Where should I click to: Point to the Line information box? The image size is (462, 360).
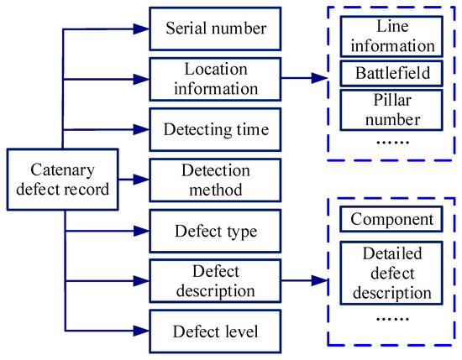pos(391,34)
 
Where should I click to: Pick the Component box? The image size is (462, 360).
pos(391,220)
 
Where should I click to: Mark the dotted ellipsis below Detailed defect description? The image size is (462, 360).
pos(391,319)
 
